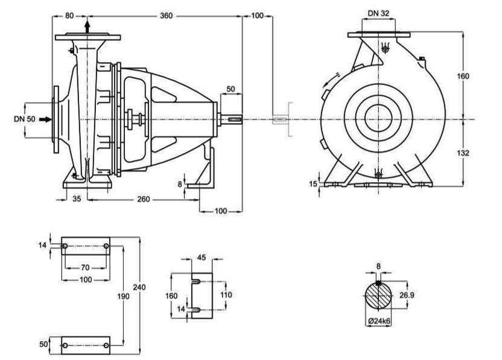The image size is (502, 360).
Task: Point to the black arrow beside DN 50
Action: click(x=45, y=119)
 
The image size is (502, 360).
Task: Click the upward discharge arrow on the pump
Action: click(x=88, y=26)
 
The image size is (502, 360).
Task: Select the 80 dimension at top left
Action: click(x=70, y=16)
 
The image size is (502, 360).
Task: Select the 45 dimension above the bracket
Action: click(x=202, y=258)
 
